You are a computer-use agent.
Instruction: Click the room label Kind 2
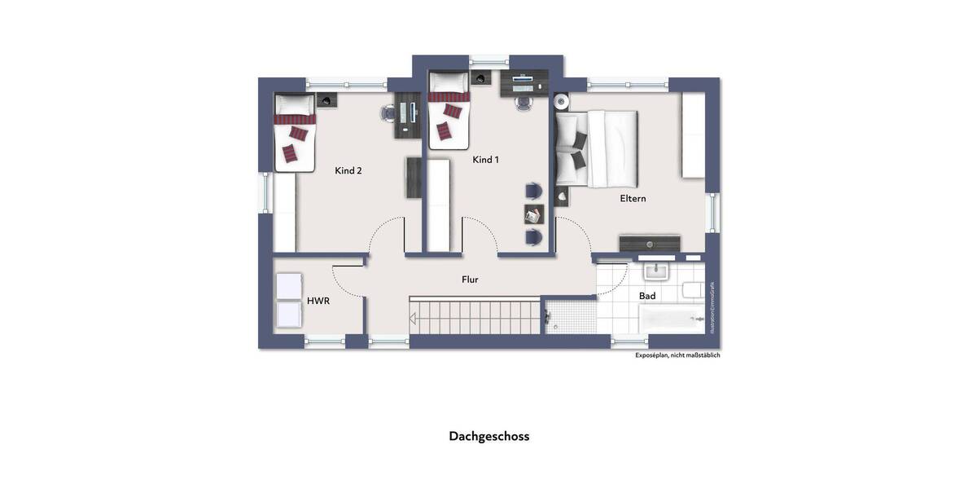pos(348,171)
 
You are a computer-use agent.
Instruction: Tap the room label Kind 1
pos(485,160)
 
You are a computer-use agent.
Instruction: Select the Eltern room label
pos(633,198)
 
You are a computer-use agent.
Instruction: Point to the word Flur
pos(470,280)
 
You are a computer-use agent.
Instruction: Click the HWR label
pos(318,301)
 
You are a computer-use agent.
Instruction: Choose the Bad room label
pos(647,296)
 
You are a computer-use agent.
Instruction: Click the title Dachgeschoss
pos(488,436)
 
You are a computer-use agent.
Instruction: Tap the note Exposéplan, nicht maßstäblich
pos(677,355)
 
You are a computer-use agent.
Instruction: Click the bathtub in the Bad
pos(672,319)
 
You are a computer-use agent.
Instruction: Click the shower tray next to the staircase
pos(570,316)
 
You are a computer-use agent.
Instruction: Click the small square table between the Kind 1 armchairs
pos(533,214)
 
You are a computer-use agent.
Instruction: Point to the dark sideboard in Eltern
pos(650,243)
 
